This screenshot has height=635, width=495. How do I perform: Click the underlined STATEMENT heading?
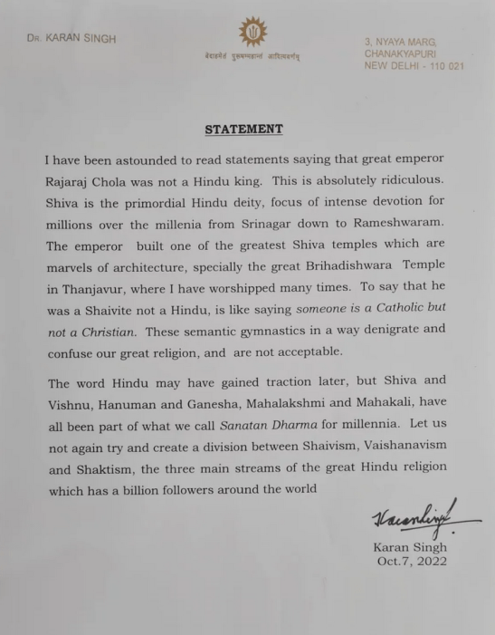[243, 130]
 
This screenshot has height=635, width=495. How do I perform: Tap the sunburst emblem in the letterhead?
[252, 34]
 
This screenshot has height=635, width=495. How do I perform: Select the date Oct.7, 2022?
[413, 562]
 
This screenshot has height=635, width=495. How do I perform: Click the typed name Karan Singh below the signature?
[411, 547]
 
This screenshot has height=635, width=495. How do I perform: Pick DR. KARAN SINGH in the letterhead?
[71, 39]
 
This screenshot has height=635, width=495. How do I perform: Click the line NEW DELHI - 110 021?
[413, 69]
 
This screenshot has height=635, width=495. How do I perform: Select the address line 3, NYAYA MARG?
[400, 42]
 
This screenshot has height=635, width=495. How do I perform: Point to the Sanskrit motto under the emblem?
[252, 56]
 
